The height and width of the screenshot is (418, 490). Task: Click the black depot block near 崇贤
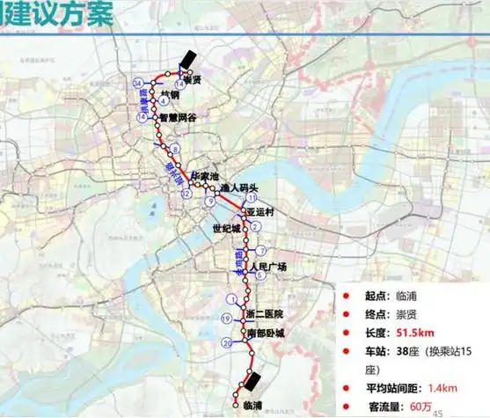coord(187,58)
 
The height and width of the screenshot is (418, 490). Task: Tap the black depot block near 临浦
coord(253,381)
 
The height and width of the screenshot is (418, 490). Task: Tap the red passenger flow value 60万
coord(413,407)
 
